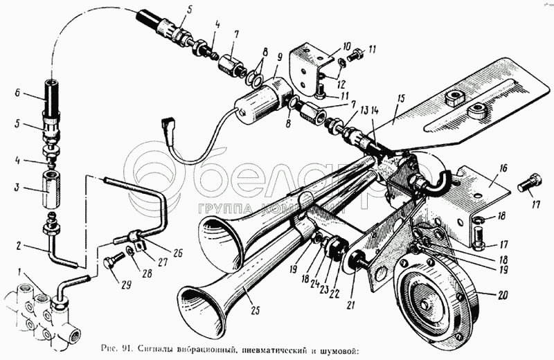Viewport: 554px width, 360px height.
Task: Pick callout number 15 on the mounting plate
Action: pos(401,101)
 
